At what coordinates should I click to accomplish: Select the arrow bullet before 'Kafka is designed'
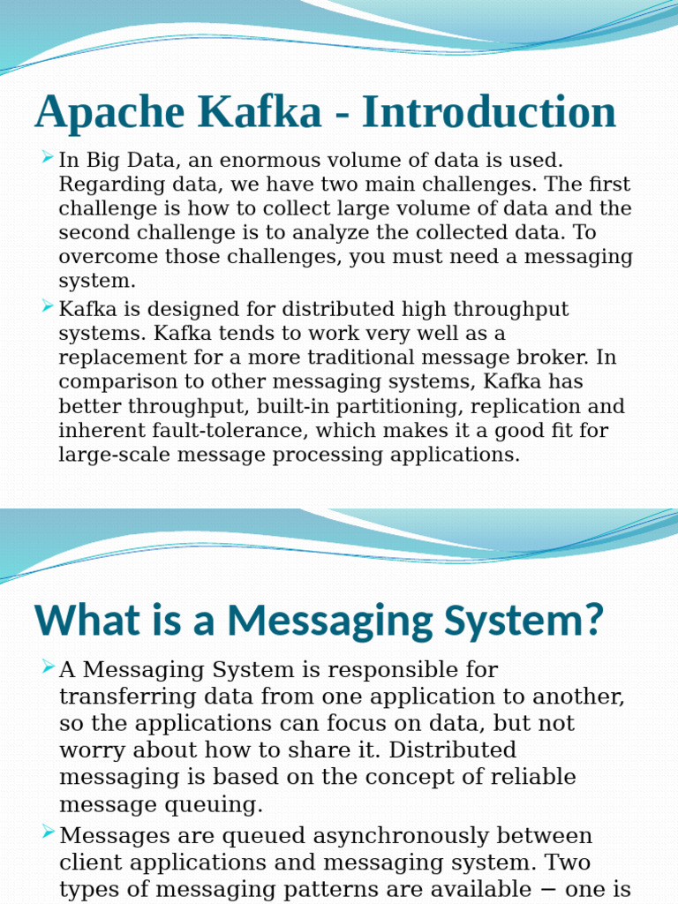(48, 307)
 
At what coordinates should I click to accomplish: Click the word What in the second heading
(78, 621)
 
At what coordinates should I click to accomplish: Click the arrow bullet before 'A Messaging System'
(48, 667)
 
